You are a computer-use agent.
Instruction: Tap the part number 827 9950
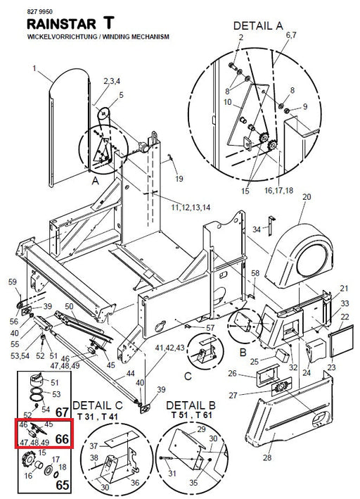[x=40, y=12]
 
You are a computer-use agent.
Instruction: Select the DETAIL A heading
[x=258, y=26]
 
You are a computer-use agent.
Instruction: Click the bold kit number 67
[x=62, y=412]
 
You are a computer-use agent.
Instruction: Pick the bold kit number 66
[x=62, y=439]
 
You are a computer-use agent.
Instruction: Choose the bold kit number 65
[x=63, y=485]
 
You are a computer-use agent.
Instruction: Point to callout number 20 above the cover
[x=307, y=197]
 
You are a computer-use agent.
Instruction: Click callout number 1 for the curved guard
[x=34, y=68]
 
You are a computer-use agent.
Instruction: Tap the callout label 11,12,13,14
[x=191, y=208]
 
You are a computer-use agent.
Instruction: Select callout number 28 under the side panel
[x=267, y=457]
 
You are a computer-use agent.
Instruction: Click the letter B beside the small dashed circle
[x=243, y=353]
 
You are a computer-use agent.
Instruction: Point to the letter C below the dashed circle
[x=188, y=376]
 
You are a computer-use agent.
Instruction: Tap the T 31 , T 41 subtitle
[x=97, y=416]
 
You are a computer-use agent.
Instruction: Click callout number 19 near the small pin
[x=179, y=179]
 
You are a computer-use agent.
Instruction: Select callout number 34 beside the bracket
[x=257, y=229]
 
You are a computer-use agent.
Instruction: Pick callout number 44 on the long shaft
[x=130, y=373]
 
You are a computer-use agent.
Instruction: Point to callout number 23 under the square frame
[x=331, y=367]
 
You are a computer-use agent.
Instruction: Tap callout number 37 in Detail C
[x=94, y=446]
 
